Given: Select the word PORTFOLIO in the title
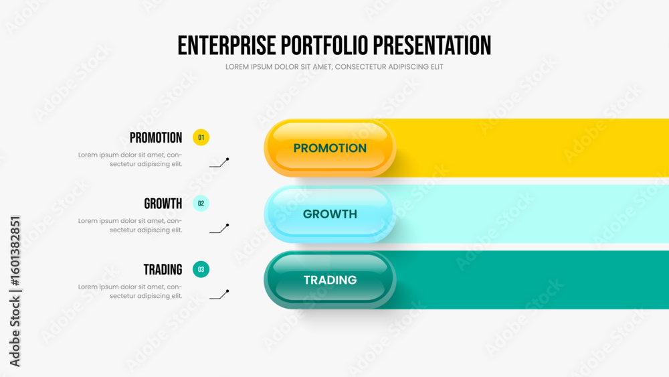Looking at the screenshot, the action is click(324, 46).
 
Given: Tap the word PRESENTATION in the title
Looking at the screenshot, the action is click(432, 46).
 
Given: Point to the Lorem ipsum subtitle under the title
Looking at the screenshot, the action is click(334, 67).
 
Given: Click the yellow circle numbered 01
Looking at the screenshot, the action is click(201, 137).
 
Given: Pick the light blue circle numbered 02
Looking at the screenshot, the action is click(201, 204).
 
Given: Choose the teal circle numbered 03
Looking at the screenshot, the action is click(201, 269).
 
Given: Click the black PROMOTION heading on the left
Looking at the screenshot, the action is click(156, 138).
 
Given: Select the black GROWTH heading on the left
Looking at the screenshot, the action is click(163, 204).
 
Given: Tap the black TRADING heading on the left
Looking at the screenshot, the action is click(163, 270).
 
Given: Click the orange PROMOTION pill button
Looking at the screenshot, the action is click(330, 148).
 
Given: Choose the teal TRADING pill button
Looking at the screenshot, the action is click(330, 280).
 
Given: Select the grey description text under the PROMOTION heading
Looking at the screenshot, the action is click(130, 159).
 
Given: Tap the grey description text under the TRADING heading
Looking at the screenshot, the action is click(130, 291).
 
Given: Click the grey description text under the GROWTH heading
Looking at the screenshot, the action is click(130, 226).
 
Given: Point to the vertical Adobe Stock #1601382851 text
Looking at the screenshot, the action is click(15, 291).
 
